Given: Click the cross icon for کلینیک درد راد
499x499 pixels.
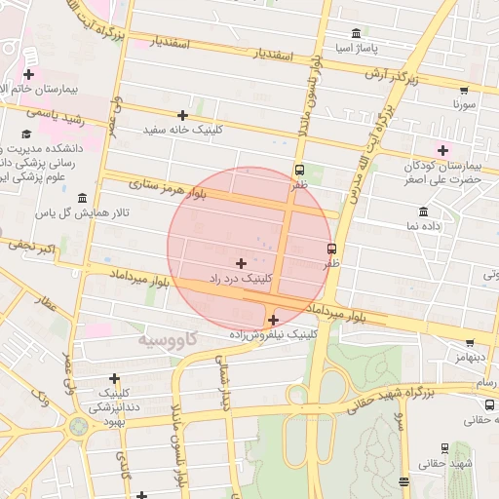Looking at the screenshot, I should [x=241, y=263].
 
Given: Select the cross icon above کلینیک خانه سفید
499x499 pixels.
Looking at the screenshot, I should [x=182, y=115].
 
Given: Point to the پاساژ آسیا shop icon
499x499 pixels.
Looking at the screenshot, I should [x=355, y=33].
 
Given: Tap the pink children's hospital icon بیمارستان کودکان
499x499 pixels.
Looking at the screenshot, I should [x=443, y=149].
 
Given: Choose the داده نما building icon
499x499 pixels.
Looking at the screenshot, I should [x=422, y=211].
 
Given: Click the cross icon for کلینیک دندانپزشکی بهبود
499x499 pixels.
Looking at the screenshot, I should [x=115, y=378].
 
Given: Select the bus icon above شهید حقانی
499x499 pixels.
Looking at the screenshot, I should [x=444, y=448].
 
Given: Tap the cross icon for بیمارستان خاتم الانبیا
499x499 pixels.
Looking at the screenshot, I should [x=29, y=74].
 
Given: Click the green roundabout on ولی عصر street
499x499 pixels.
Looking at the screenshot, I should [x=78, y=426].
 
